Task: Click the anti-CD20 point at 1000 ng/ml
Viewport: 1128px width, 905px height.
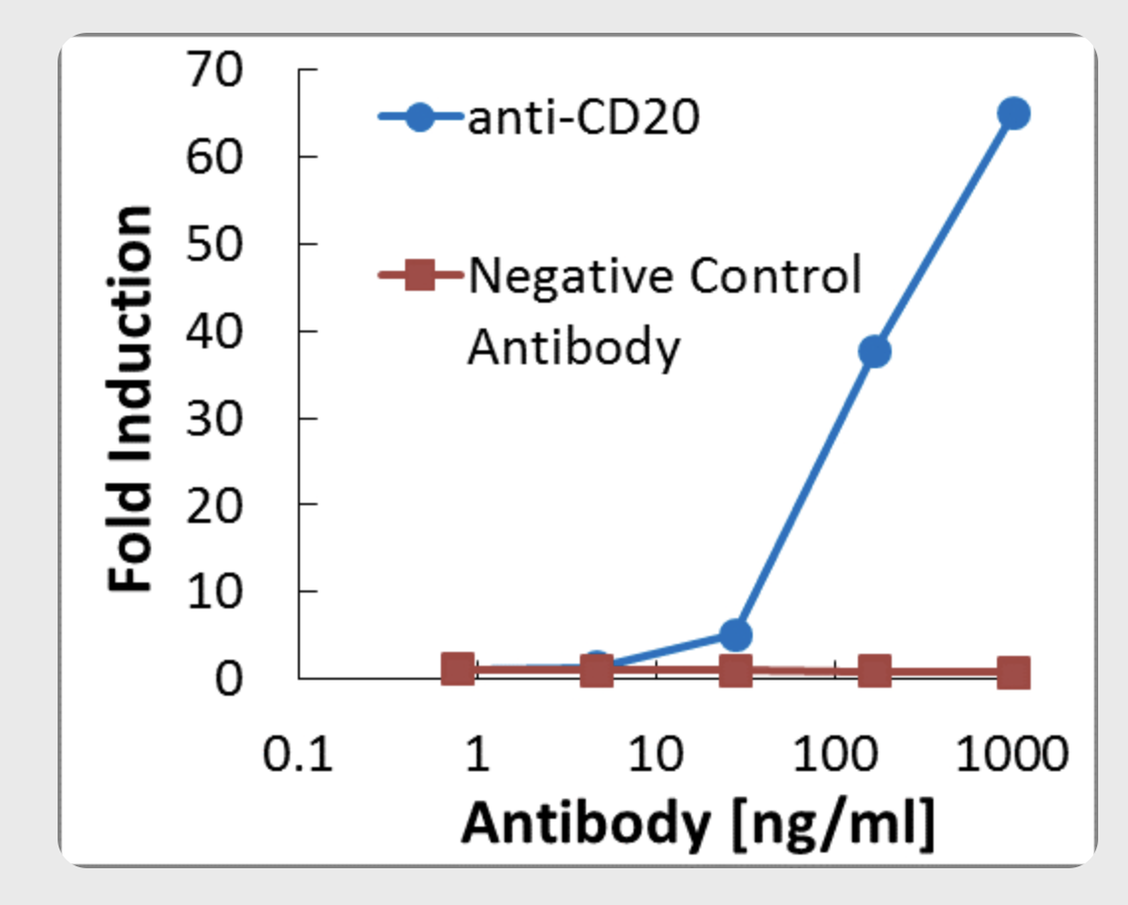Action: (x=1013, y=113)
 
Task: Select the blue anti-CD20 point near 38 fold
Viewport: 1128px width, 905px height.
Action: (x=874, y=351)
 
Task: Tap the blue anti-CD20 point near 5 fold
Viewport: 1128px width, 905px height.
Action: (x=735, y=634)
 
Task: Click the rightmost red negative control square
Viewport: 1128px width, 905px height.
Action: (x=1013, y=673)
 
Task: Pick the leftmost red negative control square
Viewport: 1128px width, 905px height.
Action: (x=457, y=669)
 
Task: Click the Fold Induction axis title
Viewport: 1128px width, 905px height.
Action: (x=131, y=399)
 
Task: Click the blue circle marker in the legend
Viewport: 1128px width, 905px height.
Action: (x=420, y=117)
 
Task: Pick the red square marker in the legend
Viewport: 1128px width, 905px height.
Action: (x=420, y=275)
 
